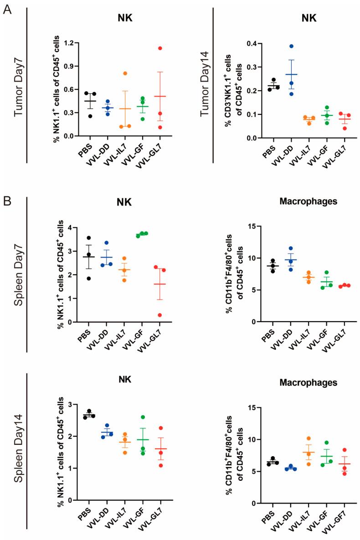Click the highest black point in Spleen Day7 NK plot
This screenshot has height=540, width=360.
(89, 238)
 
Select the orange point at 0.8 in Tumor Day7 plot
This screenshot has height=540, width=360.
(124, 73)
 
